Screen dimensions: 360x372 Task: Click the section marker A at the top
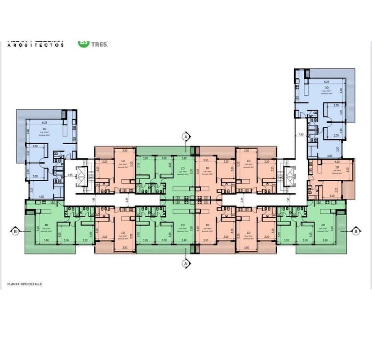click(185, 136)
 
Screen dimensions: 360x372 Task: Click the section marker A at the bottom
click(185, 263)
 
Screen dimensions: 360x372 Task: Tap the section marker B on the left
click(15, 231)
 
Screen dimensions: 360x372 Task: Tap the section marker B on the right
click(355, 231)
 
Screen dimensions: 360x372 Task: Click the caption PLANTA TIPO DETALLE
click(25, 284)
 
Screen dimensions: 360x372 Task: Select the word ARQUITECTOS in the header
click(36, 45)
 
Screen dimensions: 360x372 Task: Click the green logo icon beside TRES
click(84, 43)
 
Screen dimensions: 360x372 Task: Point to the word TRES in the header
click(99, 44)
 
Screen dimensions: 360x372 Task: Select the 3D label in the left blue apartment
click(44, 129)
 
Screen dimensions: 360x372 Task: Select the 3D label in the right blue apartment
click(327, 88)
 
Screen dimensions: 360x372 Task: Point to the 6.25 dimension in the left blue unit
click(44, 123)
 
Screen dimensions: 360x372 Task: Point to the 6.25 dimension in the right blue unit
click(327, 82)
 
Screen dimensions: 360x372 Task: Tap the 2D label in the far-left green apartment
click(46, 225)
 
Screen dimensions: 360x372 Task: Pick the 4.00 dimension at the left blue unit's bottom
click(41, 197)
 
